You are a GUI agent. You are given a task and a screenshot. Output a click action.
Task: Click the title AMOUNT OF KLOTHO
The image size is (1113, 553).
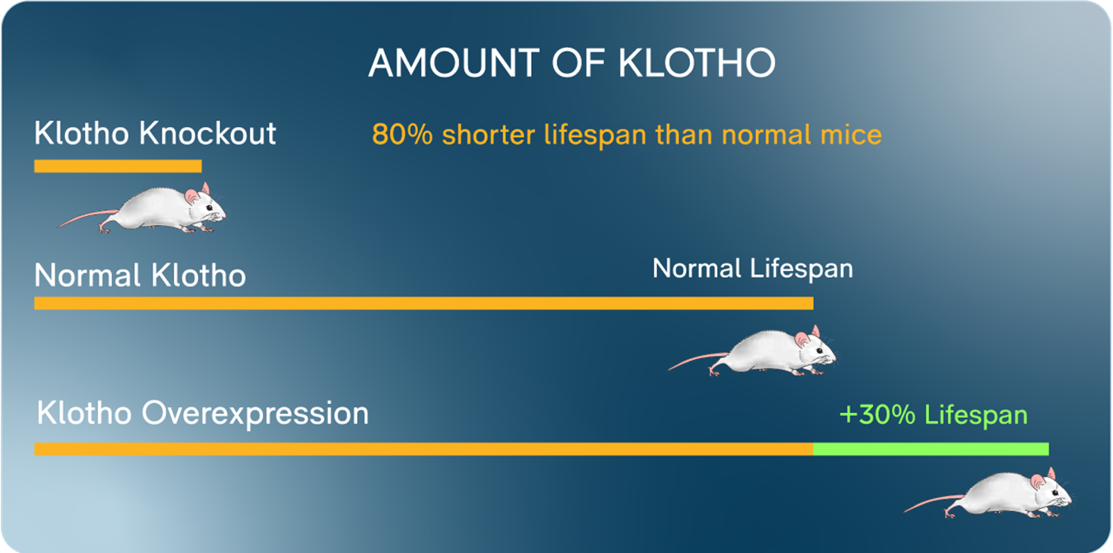(572, 63)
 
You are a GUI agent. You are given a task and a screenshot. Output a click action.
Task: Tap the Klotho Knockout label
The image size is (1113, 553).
(155, 134)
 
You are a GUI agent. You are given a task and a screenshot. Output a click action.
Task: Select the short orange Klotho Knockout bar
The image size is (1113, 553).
(118, 166)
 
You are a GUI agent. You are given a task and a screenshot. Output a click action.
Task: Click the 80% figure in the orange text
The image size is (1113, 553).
(402, 134)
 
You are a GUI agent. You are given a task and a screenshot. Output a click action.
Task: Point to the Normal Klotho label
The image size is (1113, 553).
(140, 275)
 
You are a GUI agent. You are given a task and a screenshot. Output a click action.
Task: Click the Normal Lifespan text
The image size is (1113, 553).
(753, 269)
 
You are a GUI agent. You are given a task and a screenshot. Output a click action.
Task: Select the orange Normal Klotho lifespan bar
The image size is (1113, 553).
(424, 303)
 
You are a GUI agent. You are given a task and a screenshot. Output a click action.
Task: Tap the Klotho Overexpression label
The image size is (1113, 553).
(203, 414)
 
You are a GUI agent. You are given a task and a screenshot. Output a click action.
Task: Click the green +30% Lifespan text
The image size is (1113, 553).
(933, 415)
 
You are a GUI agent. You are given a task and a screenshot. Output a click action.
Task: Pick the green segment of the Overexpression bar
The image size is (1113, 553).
(931, 449)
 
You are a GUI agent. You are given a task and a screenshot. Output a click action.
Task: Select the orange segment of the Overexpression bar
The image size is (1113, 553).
(424, 449)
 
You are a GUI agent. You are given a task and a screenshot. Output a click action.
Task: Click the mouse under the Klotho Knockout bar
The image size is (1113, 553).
(143, 209)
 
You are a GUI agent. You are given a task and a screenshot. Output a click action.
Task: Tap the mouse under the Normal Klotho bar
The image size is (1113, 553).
(753, 351)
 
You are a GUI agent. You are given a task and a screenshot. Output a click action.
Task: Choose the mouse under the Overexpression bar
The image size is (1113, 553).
(989, 493)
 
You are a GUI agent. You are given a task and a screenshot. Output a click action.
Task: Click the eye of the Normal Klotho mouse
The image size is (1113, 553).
(819, 350)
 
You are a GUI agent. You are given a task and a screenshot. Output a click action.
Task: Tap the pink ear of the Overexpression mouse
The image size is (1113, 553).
(1037, 481)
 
